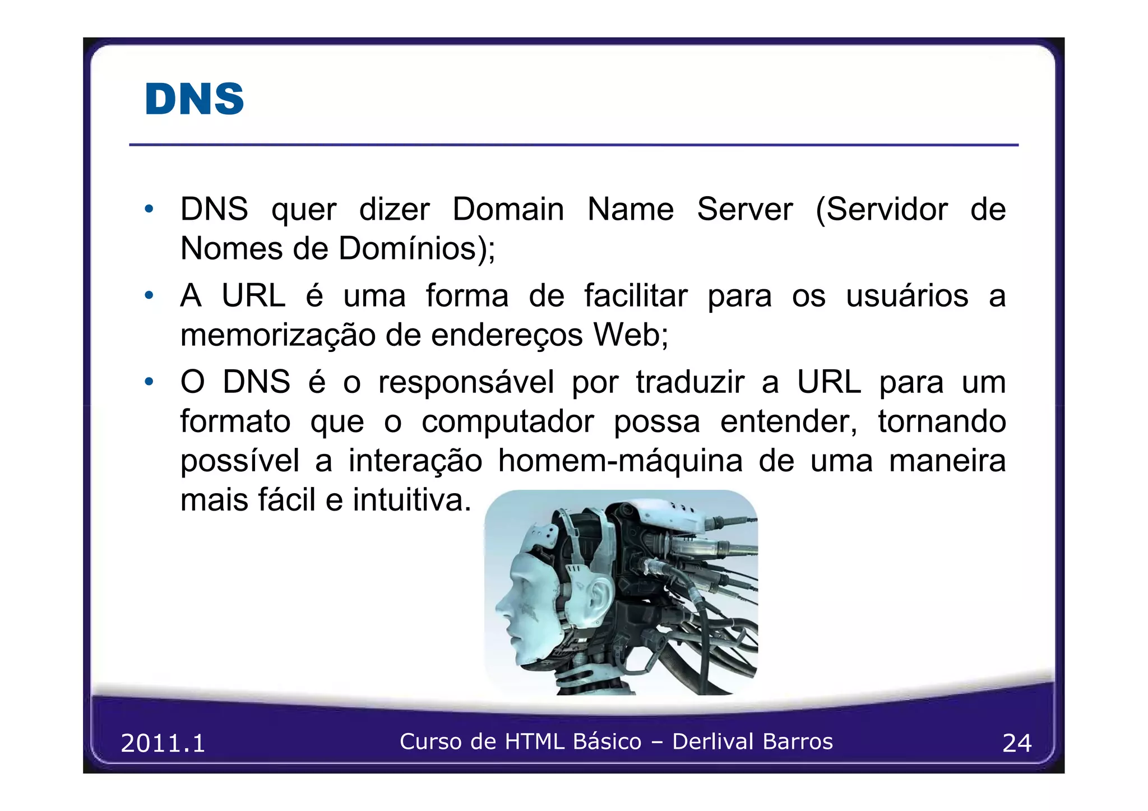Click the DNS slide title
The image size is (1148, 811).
(194, 99)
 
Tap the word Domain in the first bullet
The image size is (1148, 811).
(508, 210)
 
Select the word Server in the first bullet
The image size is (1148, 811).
(744, 210)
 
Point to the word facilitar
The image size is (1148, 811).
(636, 296)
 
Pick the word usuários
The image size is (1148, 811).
(907, 296)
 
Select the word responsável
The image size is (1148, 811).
(466, 383)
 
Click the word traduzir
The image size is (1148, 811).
(690, 383)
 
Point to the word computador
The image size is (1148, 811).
(507, 421)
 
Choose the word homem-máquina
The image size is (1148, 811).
(620, 461)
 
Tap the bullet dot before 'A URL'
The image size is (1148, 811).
(149, 295)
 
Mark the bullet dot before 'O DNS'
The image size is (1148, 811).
(149, 382)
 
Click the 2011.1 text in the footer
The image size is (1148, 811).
(163, 743)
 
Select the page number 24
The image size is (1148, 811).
(1016, 743)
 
